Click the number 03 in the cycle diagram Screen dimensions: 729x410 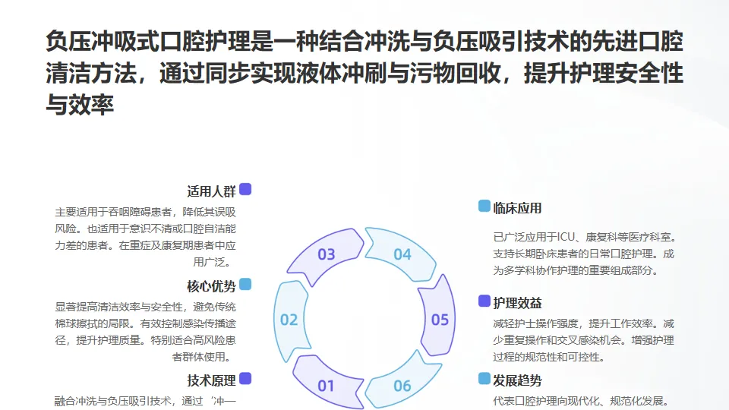tap(327, 254)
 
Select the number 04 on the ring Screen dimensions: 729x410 tap(402, 254)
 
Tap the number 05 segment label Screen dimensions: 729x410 tap(440, 320)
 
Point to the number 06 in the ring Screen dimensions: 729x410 tap(402, 386)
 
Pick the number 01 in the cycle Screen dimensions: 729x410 tap(327, 386)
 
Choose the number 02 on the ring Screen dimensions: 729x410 tap(289, 320)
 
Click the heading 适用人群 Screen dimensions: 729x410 tap(211, 191)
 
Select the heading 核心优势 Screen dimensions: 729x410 tap(211, 286)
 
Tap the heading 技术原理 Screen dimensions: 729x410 tap(211, 380)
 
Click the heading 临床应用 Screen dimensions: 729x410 tap(517, 208)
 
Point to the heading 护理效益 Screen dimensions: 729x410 tap(517, 303)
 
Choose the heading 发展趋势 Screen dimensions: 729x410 tap(517, 380)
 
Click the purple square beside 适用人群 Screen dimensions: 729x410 tap(245, 190)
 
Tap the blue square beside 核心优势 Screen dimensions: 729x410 tap(245, 284)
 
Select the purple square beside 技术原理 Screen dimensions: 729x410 tap(245, 378)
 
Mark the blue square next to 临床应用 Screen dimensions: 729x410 tap(484, 207)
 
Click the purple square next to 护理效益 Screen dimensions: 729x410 tap(484, 301)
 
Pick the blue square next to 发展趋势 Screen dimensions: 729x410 tap(484, 378)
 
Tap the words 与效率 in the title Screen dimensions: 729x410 tap(80, 106)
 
